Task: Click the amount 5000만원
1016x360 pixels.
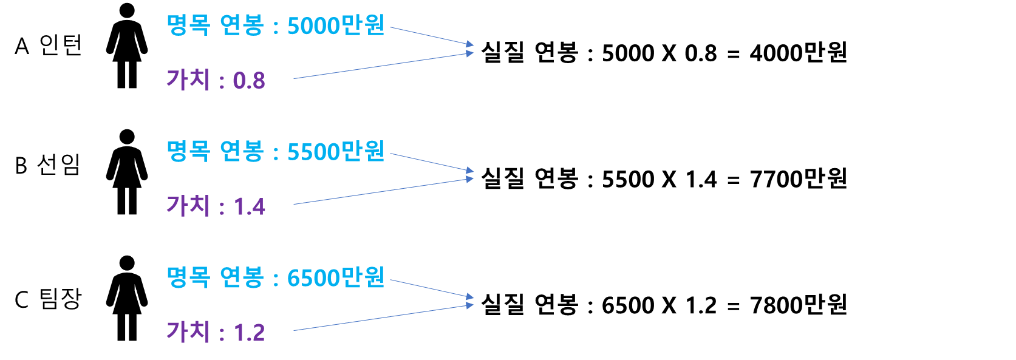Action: pyautogui.click(x=336, y=25)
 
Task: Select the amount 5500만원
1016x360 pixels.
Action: pyautogui.click(x=336, y=152)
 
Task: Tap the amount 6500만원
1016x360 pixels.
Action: pyautogui.click(x=336, y=277)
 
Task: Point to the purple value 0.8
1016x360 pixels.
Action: pyautogui.click(x=249, y=81)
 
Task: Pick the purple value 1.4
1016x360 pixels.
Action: pyautogui.click(x=250, y=207)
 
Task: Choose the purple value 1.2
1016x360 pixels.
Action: pyautogui.click(x=250, y=333)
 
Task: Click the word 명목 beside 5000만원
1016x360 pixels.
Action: pyautogui.click(x=188, y=25)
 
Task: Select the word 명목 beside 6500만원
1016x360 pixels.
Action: pyautogui.click(x=188, y=277)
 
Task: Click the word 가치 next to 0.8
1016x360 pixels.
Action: pyautogui.click(x=188, y=80)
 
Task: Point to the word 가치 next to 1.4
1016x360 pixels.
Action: pyautogui.click(x=188, y=206)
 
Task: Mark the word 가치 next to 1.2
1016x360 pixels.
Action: pyautogui.click(x=188, y=331)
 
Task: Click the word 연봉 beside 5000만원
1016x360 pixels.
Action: pyautogui.click(x=242, y=25)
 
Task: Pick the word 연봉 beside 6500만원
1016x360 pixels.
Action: pyautogui.click(x=242, y=277)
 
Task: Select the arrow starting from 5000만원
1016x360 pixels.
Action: pyautogui.click(x=431, y=36)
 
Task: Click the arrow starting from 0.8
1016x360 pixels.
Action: pyautogui.click(x=383, y=66)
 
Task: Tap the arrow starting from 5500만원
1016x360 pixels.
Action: pyautogui.click(x=431, y=162)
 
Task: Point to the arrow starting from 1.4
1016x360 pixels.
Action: pyautogui.click(x=383, y=192)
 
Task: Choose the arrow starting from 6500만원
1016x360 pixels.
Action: pyautogui.click(x=431, y=288)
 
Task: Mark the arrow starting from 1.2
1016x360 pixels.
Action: pyautogui.click(x=383, y=318)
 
